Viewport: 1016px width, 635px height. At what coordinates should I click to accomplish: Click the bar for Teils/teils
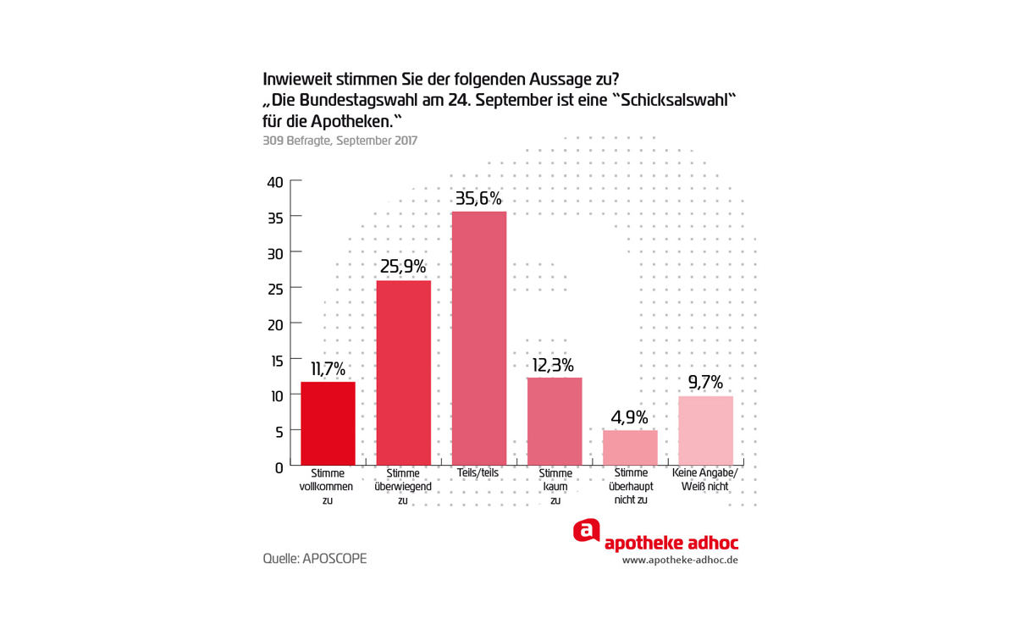[x=479, y=338]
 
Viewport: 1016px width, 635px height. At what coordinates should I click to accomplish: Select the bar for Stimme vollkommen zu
[x=328, y=423]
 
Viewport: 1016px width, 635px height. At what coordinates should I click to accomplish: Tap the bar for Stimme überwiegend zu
[x=403, y=373]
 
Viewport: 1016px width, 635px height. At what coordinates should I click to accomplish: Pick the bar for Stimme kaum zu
[x=555, y=421]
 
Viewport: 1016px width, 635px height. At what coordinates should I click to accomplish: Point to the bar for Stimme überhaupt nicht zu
[x=630, y=448]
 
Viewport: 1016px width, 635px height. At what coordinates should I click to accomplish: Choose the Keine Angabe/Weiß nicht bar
[x=705, y=430]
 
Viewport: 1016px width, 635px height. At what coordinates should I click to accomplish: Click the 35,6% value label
[x=479, y=199]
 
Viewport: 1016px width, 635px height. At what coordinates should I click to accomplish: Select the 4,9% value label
[x=630, y=417]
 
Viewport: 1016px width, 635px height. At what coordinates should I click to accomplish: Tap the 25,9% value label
[x=403, y=268]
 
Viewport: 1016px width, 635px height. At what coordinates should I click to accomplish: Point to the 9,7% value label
[x=705, y=383]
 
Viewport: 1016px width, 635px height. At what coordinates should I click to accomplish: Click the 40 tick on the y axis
[x=275, y=181]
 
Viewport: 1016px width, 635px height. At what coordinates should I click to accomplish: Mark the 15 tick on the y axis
[x=275, y=360]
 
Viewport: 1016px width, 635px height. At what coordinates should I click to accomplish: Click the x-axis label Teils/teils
[x=479, y=473]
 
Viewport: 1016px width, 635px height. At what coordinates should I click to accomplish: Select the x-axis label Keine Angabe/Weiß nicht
[x=705, y=480]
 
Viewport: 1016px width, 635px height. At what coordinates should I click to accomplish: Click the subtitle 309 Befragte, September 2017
[x=340, y=141]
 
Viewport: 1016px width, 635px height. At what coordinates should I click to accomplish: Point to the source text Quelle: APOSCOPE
[x=315, y=559]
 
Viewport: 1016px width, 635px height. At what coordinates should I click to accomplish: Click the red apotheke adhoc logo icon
[x=586, y=531]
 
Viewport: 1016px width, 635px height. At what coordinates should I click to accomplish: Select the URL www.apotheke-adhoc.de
[x=680, y=560]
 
